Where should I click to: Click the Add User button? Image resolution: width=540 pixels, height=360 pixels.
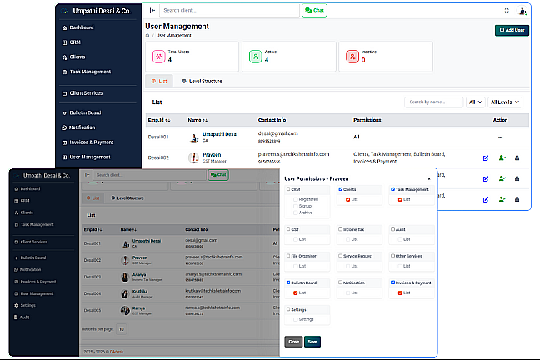512,30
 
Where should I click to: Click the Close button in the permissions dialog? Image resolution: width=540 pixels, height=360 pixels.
293,342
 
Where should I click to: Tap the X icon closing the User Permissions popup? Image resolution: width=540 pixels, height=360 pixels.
429,178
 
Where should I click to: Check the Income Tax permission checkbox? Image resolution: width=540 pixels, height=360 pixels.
339,227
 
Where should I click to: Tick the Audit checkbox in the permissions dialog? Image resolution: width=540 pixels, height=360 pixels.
392,227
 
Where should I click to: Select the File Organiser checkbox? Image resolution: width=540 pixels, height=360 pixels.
287,256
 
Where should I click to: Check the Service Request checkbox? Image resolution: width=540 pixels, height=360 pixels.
339,256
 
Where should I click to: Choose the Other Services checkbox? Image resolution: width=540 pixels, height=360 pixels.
392,256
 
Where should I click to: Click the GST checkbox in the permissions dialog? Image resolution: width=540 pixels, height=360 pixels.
287,227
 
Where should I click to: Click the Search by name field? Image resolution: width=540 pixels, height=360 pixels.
432,102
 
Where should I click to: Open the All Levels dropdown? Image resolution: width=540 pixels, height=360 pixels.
505,102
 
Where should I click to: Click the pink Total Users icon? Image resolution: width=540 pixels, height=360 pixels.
158,57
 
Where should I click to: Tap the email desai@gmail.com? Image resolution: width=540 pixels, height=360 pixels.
277,132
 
